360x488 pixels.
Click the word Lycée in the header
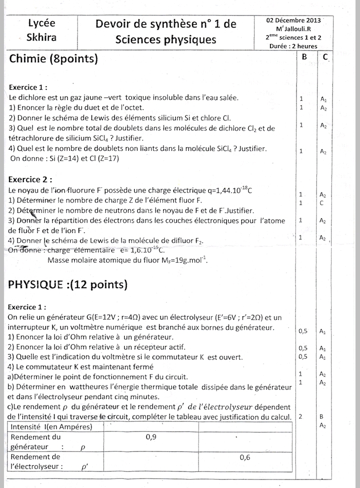tap(41, 23)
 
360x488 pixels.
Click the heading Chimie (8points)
tap(53, 59)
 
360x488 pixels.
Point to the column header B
tap(304, 57)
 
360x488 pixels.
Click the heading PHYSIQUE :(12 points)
tap(68, 285)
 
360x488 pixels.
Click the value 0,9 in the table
tap(151, 437)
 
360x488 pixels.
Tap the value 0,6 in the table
tap(245, 457)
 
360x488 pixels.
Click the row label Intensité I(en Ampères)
tap(51, 426)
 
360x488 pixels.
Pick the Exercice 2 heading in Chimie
tap(31, 180)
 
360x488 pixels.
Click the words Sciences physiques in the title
tap(165, 40)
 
